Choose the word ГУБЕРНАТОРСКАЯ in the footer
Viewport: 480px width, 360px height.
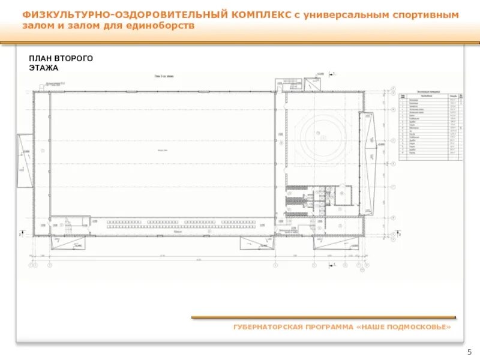(x=268, y=327)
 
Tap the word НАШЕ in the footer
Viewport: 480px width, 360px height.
(x=372, y=327)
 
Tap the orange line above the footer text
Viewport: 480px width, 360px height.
(x=323, y=317)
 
